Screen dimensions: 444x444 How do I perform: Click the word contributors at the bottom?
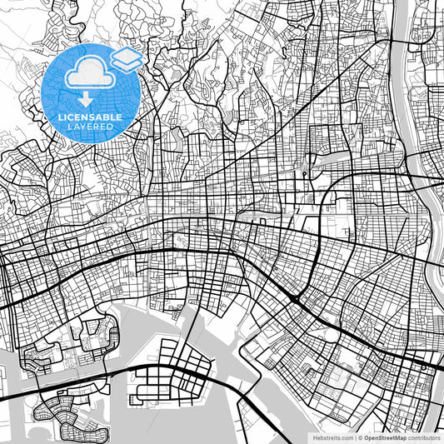424,437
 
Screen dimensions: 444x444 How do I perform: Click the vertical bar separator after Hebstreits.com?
353,437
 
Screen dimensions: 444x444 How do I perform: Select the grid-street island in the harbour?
175,375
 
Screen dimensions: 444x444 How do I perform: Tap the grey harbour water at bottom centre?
217,417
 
